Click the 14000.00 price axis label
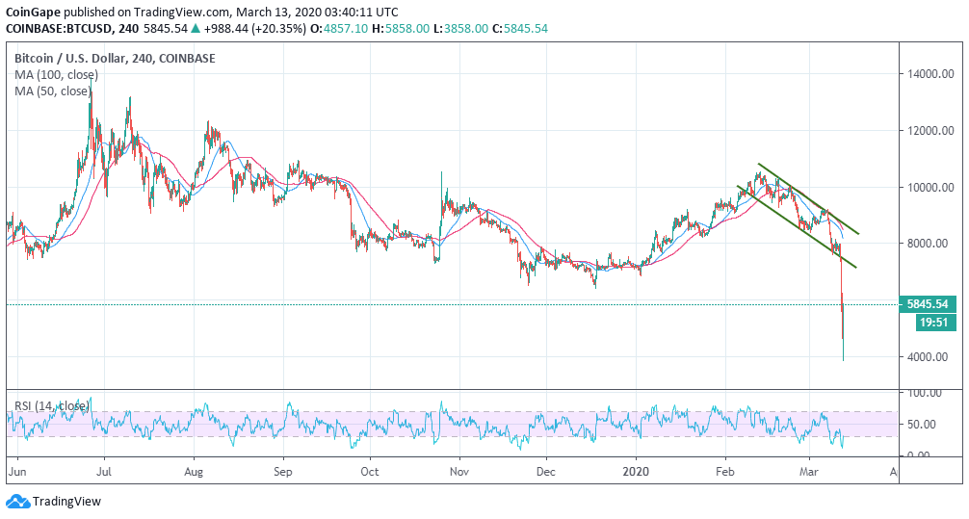930,74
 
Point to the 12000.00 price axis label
930,131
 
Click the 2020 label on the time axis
636,473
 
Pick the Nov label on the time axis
458,473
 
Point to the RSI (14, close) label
54,406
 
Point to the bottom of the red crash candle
843,360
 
